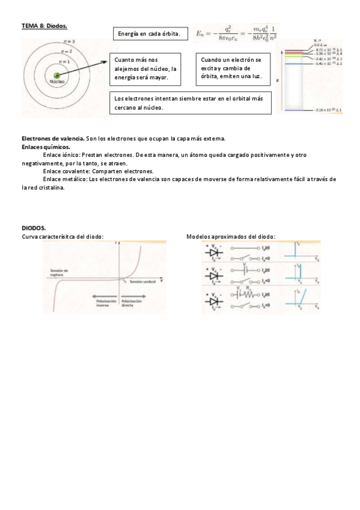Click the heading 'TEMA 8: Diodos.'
pyautogui.click(x=44, y=26)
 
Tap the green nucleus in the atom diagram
pyautogui.click(x=57, y=76)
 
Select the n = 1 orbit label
pyautogui.click(x=64, y=61)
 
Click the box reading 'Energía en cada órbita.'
pyautogui.click(x=150, y=34)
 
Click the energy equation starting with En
pyautogui.click(x=237, y=34)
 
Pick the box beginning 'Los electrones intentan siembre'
pyautogui.click(x=191, y=102)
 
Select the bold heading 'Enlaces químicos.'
pyautogui.click(x=46, y=146)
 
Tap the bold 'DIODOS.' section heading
pyautogui.click(x=34, y=229)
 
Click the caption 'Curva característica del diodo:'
pyautogui.click(x=63, y=237)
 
